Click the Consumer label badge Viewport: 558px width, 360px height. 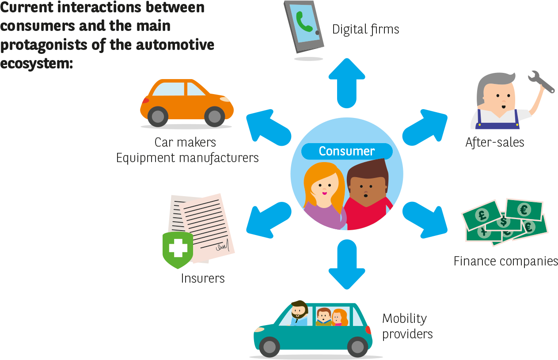[347, 151]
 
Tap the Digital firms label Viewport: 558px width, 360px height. [366, 30]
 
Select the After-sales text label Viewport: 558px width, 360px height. [495, 143]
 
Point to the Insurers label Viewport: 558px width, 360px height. [203, 278]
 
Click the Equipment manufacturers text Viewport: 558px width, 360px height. [187, 158]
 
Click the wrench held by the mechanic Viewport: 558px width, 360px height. [541, 82]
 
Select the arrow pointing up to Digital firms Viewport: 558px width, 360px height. [347, 83]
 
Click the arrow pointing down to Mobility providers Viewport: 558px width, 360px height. [347, 265]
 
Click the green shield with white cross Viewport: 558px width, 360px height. [178, 250]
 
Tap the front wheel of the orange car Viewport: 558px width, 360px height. [215, 116]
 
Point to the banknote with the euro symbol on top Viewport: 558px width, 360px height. [524, 210]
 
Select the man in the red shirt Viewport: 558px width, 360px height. [368, 194]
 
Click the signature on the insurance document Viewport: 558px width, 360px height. [223, 246]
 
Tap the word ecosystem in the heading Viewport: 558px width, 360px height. [36, 64]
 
